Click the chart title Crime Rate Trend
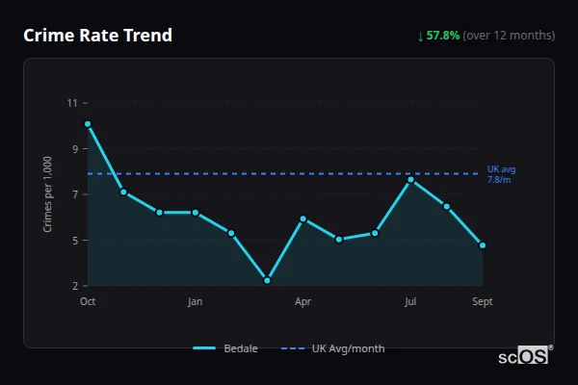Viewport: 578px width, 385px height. click(x=98, y=36)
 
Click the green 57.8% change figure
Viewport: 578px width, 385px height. click(x=443, y=36)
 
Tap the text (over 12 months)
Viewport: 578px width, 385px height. click(x=509, y=36)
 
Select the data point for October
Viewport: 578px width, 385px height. click(x=88, y=124)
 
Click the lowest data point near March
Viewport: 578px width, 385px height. click(x=267, y=280)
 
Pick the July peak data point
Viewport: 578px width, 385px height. click(x=410, y=180)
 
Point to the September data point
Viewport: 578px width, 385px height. click(x=483, y=245)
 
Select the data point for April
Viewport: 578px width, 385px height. click(x=302, y=218)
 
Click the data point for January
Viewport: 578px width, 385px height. click(x=196, y=213)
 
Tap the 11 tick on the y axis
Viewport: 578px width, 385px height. click(x=72, y=102)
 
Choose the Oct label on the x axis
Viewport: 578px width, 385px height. click(x=88, y=302)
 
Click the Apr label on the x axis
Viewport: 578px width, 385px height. click(x=302, y=302)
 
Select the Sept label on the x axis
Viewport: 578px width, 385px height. click(x=483, y=302)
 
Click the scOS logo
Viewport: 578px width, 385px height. click(x=523, y=356)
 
